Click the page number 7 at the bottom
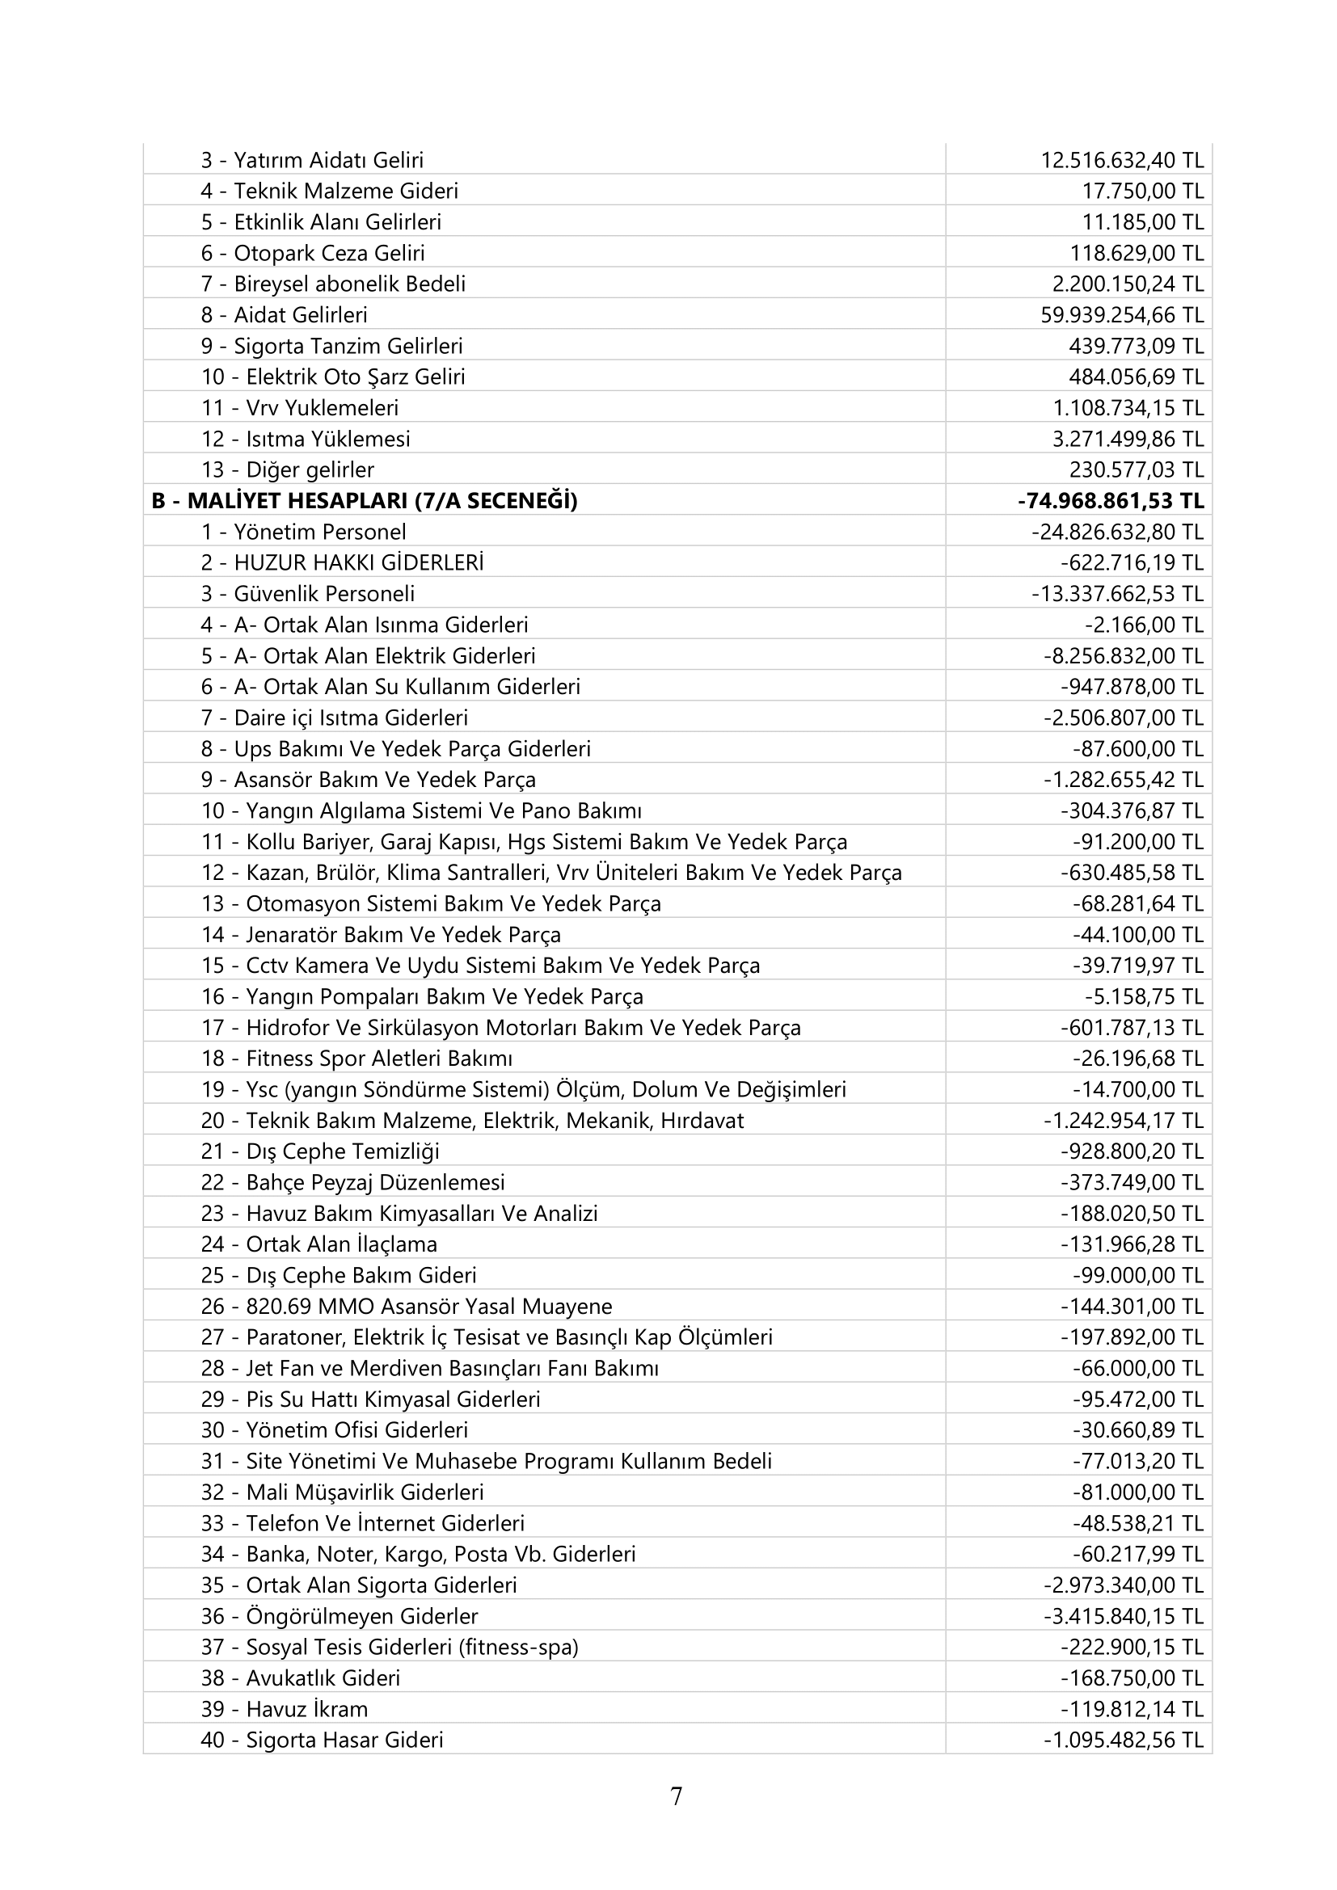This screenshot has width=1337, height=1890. tap(676, 1796)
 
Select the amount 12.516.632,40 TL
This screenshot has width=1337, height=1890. tap(1121, 160)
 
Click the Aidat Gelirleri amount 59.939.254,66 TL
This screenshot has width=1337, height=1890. tap(1121, 314)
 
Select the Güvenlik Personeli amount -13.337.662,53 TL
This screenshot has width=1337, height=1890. tap(1117, 594)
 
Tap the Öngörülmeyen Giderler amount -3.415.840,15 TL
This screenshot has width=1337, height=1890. tap(1123, 1617)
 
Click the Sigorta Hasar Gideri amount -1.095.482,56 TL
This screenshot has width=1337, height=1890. tap(1123, 1741)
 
